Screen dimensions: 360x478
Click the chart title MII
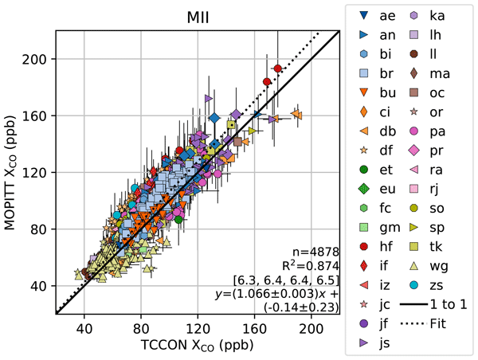point(197,17)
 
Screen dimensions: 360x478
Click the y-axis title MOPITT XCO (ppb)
point(14,173)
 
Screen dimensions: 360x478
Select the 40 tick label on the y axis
point(41,285)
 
